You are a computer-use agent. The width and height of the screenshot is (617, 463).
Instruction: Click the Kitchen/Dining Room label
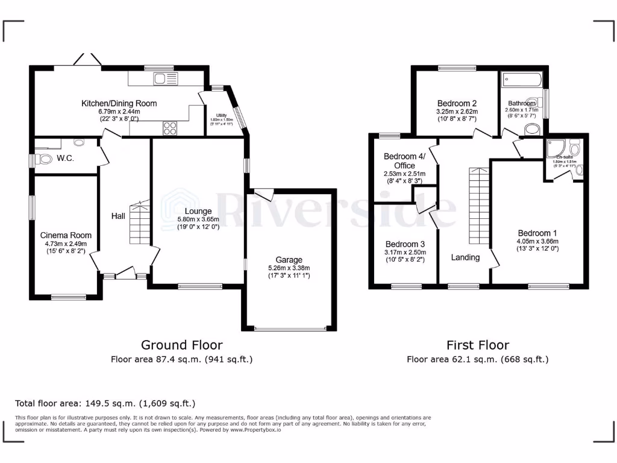coord(119,104)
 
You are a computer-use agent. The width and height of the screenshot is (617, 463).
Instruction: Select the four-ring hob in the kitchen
coord(170,128)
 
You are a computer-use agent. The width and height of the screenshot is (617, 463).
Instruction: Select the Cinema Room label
coord(66,235)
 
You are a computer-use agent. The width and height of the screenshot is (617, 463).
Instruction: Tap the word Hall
coord(119,215)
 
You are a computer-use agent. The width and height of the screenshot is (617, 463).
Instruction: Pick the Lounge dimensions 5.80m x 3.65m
coord(198,219)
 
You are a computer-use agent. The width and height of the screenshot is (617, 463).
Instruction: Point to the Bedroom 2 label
coord(457,103)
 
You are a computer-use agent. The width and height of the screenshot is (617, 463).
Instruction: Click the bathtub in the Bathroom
coord(522,78)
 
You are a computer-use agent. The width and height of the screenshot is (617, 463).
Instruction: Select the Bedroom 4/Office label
coord(404,161)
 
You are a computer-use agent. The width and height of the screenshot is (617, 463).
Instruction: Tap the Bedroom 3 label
coord(405,244)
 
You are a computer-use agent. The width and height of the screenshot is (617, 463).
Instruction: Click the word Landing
coord(465,257)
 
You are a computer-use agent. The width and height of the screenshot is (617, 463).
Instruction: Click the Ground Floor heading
coord(181,345)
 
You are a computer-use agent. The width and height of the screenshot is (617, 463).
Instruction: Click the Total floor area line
coord(105,403)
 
